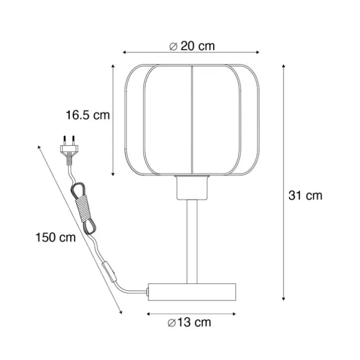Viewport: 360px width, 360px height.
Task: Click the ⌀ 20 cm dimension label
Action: (x=192, y=46)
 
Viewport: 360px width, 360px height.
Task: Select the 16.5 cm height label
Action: (x=88, y=115)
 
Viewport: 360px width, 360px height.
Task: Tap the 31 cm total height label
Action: (x=305, y=195)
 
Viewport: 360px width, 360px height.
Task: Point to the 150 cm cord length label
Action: (x=56, y=237)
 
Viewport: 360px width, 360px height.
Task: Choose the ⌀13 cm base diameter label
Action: (x=189, y=322)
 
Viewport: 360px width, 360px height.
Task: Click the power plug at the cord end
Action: (x=69, y=150)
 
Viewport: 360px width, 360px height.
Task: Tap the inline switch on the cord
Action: (x=109, y=271)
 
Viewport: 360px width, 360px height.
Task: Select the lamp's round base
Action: (x=192, y=292)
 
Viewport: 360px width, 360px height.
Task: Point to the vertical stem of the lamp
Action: (x=192, y=242)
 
